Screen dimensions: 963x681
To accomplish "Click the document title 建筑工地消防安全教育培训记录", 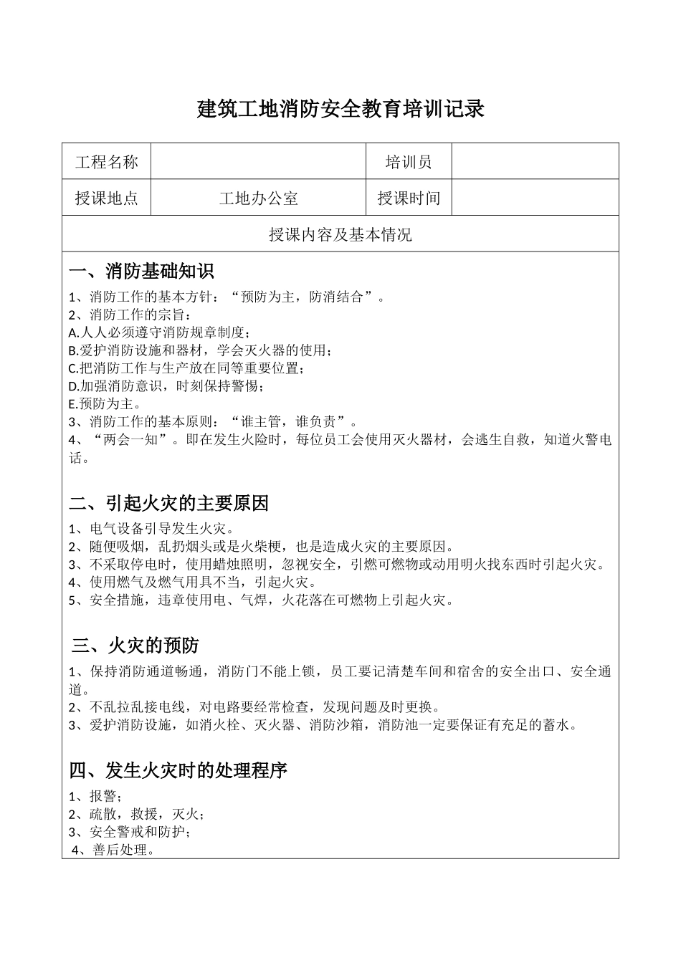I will click(340, 110).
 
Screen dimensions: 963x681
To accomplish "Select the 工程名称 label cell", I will click(106, 162).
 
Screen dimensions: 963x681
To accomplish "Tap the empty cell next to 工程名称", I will click(258, 162).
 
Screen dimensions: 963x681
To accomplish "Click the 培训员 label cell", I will click(409, 162).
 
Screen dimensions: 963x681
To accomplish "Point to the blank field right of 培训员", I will click(535, 162).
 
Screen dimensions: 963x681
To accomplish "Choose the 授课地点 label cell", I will click(106, 198).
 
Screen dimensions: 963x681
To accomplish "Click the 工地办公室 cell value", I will click(258, 198).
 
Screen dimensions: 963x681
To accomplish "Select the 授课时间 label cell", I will click(409, 198).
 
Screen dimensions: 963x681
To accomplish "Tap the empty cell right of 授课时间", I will click(535, 198).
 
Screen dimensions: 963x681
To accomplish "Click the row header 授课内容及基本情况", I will click(340, 234).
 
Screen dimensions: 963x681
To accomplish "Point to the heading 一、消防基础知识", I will click(141, 272).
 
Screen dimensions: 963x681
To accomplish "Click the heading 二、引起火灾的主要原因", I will click(168, 503).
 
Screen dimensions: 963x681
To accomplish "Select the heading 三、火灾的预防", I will click(135, 646).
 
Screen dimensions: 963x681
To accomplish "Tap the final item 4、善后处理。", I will click(114, 851).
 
